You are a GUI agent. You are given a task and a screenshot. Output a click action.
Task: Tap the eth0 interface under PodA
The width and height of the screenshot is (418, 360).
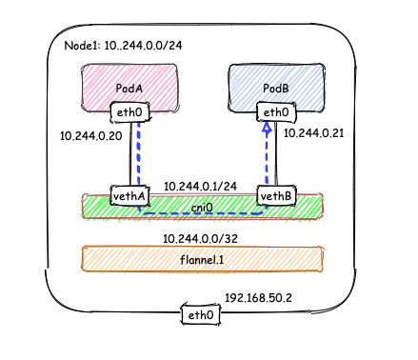128,113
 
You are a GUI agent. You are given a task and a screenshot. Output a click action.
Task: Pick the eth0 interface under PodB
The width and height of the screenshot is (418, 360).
275,113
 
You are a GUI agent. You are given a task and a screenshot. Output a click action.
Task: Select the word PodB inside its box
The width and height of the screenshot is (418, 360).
275,89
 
